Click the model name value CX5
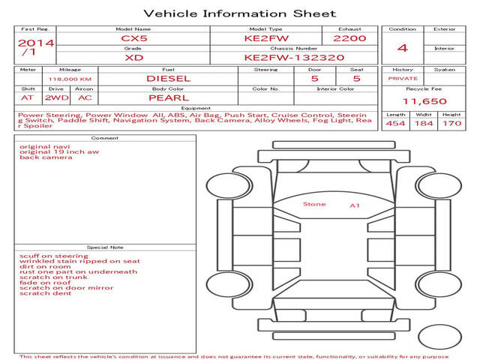pyautogui.click(x=134, y=38)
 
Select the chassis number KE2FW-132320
pyautogui.click(x=294, y=58)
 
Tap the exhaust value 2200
pyautogui.click(x=349, y=38)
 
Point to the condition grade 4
pyautogui.click(x=403, y=48)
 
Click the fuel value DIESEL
pyautogui.click(x=168, y=79)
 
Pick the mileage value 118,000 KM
pyautogui.click(x=70, y=79)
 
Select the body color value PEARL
pyautogui.click(x=169, y=98)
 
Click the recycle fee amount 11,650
pyautogui.click(x=424, y=101)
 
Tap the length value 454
pyautogui.click(x=395, y=124)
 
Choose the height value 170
pyautogui.click(x=451, y=124)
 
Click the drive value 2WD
pyautogui.click(x=57, y=98)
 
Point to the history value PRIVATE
pyautogui.click(x=403, y=79)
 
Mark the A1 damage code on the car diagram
pyautogui.click(x=355, y=205)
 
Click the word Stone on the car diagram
pyautogui.click(x=314, y=204)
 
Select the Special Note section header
pyautogui.click(x=105, y=247)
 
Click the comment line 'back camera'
pyautogui.click(x=46, y=157)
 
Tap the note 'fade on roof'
pyautogui.click(x=45, y=283)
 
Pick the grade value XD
pyautogui.click(x=134, y=58)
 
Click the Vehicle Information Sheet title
pyautogui.click(x=240, y=13)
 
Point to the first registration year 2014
pyautogui.click(x=36, y=43)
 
